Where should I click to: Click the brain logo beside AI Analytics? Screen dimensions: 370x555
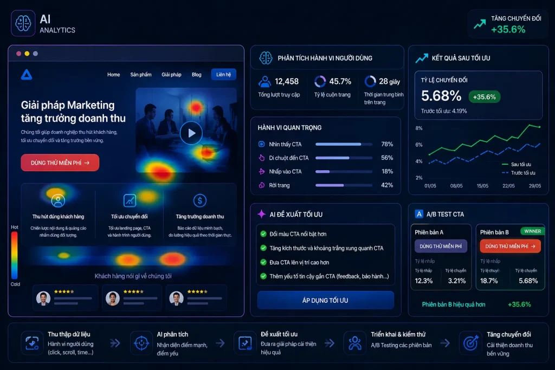(23, 23)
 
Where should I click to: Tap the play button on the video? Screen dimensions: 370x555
(191, 133)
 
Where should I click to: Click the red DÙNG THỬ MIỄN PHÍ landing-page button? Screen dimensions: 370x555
(60, 163)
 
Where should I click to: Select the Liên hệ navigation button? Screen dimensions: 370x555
(223, 75)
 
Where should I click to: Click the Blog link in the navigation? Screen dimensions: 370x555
(196, 75)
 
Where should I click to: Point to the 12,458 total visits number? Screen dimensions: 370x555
(287, 81)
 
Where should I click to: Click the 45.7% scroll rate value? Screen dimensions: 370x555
(340, 81)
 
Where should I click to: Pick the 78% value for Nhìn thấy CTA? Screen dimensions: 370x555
(387, 144)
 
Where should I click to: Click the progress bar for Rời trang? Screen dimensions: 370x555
(344, 185)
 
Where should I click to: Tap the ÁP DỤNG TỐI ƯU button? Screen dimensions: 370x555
(325, 300)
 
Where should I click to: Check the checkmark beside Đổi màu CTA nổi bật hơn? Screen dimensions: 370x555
(263, 234)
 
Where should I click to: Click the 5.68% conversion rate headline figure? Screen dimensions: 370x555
(441, 96)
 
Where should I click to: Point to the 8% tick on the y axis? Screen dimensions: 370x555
(419, 128)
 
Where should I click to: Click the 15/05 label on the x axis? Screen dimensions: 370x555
(482, 186)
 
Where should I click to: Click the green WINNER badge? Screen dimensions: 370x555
(532, 231)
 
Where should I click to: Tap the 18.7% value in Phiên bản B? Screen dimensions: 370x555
(489, 281)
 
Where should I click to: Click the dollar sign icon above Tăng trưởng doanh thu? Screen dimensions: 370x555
(199, 201)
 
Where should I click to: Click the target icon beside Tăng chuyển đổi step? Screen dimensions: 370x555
(470, 343)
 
